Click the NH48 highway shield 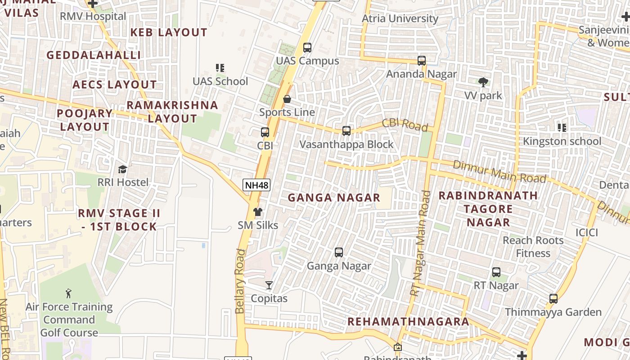256,184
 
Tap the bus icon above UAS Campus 307,47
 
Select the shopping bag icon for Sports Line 287,99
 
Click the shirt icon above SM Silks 257,212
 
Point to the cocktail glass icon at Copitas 269,285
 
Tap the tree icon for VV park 483,82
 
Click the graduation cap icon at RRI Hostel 122,169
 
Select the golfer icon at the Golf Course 68,294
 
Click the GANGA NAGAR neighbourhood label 334,198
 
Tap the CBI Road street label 405,125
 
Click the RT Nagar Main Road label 420,243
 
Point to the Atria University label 400,18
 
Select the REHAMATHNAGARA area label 408,322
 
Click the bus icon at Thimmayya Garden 553,299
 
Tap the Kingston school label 562,141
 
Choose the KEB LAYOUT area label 169,32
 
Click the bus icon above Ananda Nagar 422,60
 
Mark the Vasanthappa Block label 346,144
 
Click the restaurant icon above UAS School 220,68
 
